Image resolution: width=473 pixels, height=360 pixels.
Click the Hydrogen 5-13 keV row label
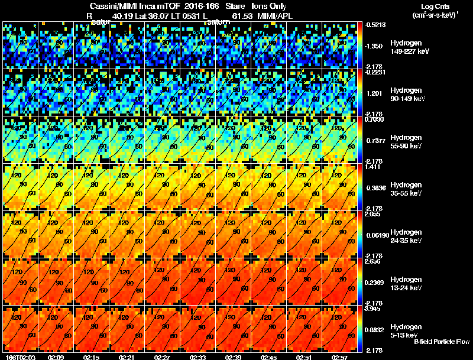coord(406,330)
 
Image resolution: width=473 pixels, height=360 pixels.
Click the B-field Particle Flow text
coord(441,342)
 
